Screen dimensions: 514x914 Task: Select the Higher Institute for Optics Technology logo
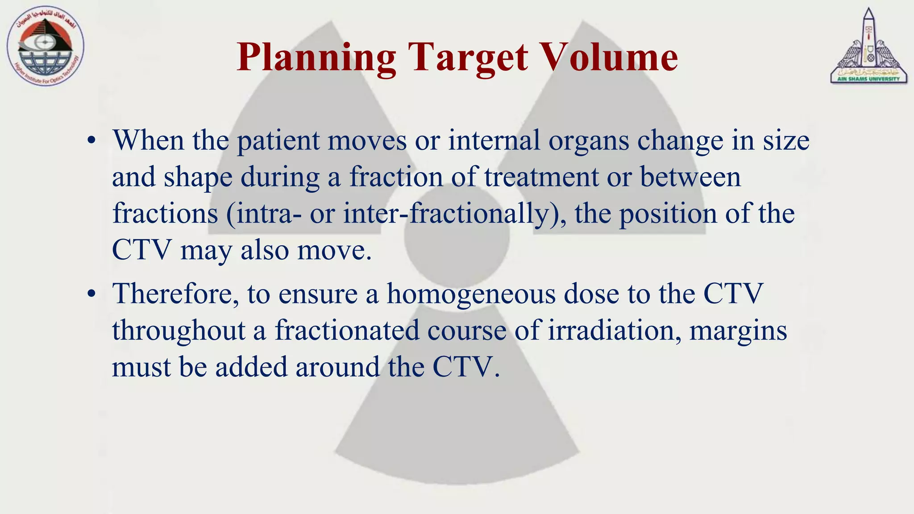[45, 46]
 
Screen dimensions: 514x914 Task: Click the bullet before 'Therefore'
[91, 294]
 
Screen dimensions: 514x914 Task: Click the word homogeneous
[471, 294]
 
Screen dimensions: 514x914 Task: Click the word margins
[738, 331]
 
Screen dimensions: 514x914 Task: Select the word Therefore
[175, 294]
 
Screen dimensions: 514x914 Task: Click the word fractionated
[347, 331]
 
